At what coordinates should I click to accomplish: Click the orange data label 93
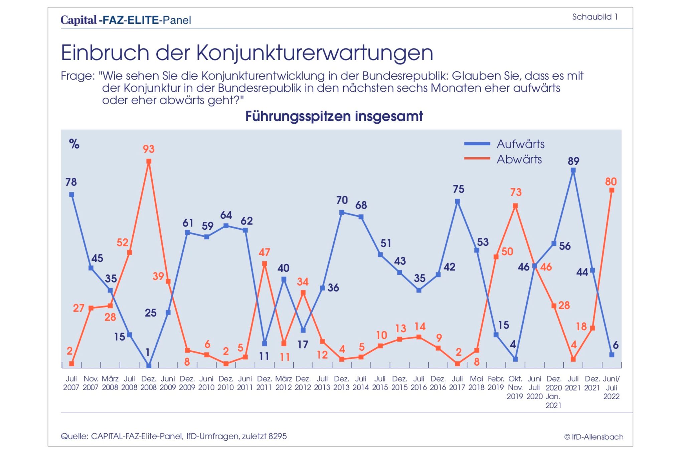[x=149, y=149]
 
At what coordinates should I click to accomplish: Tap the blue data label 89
[x=573, y=161]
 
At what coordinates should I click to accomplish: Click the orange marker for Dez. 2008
[x=149, y=161]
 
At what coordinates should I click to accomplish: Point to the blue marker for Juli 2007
[x=71, y=195]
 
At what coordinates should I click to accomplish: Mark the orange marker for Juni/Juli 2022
[x=612, y=190]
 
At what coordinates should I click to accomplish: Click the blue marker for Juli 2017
[x=458, y=201]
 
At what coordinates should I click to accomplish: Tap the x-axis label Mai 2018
[x=477, y=383]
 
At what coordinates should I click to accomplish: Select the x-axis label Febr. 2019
[x=496, y=383]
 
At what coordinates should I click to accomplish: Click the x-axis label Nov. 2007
[x=91, y=383]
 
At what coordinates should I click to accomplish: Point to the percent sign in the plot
[x=74, y=144]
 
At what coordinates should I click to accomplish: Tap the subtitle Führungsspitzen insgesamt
[x=334, y=116]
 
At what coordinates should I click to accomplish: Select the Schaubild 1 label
[x=595, y=17]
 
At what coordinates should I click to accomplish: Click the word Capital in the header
[x=79, y=20]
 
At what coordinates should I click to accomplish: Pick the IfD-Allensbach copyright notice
[x=594, y=437]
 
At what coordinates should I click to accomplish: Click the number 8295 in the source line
[x=278, y=436]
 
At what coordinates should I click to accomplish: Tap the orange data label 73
[x=516, y=192]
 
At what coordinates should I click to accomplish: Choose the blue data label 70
[x=342, y=200]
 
